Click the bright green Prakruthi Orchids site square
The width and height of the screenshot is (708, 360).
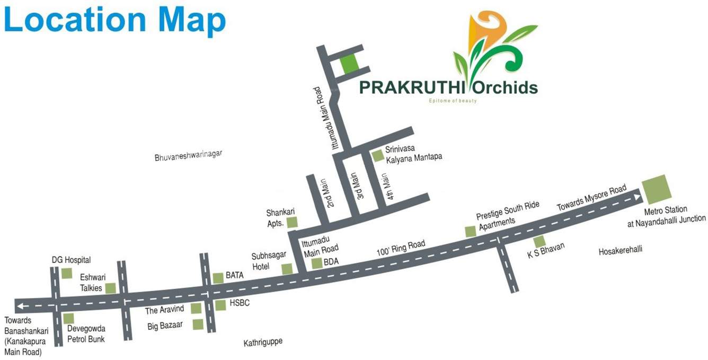point(349,65)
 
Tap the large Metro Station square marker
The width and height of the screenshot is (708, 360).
point(656,189)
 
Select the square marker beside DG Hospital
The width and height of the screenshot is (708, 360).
point(67,273)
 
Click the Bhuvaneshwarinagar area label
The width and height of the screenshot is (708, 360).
point(188,156)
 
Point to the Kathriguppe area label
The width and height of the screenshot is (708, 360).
point(263,343)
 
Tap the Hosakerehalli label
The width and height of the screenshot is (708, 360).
point(620,250)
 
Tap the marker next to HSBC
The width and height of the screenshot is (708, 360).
point(220,305)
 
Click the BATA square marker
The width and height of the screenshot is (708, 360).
point(218,278)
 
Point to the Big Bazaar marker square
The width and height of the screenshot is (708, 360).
point(198,324)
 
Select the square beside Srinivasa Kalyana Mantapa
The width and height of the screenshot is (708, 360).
point(377,156)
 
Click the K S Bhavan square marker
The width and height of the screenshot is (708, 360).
point(539,242)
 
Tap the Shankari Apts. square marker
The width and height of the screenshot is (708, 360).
point(292,222)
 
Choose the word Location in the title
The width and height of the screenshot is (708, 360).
point(75,20)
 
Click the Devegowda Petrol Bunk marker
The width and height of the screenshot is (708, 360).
point(68,318)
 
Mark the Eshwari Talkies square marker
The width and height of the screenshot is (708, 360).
point(111,288)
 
